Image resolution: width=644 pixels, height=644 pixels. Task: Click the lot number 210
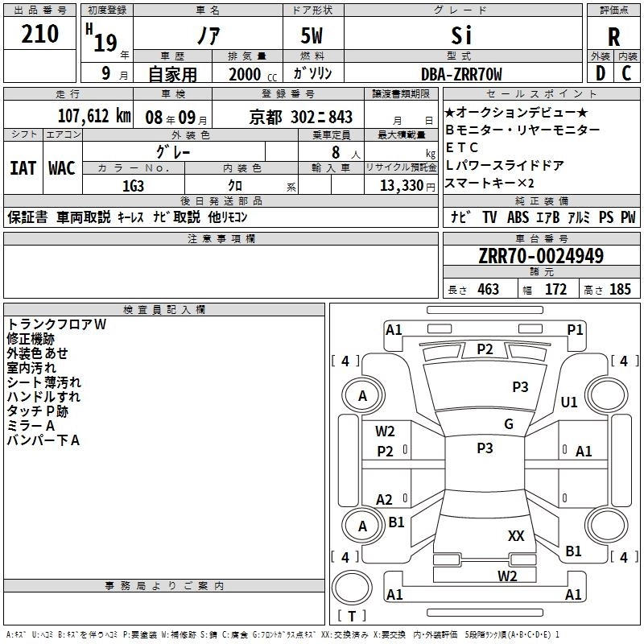41,34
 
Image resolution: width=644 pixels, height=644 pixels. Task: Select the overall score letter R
613,37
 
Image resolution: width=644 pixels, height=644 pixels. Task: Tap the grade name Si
461,36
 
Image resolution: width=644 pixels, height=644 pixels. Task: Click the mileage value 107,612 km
94,115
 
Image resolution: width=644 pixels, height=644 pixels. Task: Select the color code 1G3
134,186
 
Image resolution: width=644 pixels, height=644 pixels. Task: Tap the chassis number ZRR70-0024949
540,256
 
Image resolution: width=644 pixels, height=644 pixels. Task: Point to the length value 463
488,290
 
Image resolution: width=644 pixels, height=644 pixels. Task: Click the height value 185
620,290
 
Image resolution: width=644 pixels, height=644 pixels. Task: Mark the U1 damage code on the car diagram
569,402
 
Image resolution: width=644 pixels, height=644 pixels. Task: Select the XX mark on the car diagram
516,535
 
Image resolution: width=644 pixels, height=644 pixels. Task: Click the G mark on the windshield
508,424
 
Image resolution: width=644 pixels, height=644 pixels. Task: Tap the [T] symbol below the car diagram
351,617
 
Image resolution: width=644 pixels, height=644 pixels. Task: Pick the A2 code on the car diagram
385,500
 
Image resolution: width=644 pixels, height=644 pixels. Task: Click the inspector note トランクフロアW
57,324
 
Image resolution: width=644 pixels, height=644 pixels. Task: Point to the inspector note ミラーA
31,426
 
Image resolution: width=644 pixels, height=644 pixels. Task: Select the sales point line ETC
462,148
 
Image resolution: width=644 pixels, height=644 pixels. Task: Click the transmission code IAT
23,168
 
